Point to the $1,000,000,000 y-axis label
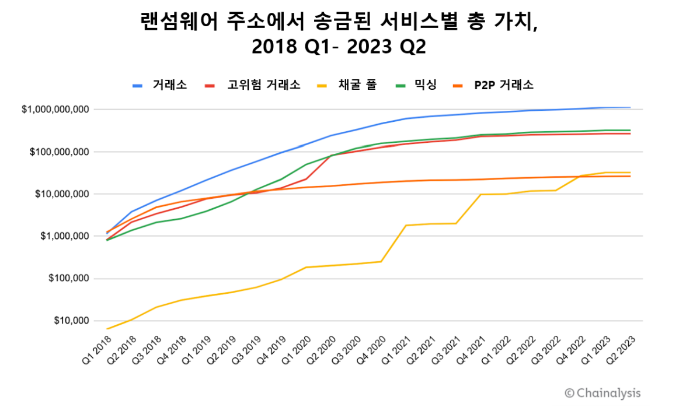[x=55, y=109]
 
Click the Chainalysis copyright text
[x=602, y=393]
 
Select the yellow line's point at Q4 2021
[x=480, y=194]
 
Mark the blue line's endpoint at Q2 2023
[x=630, y=107]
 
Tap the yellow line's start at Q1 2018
[x=107, y=329]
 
